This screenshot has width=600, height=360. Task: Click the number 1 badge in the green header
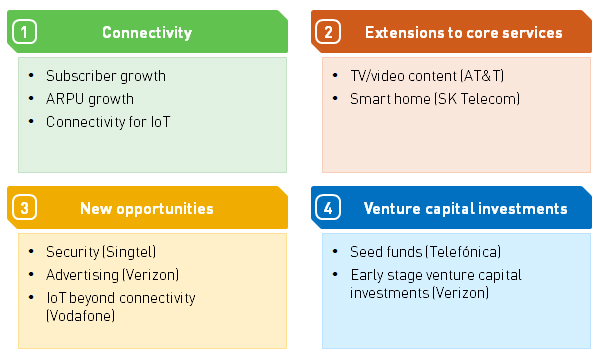pyautogui.click(x=24, y=33)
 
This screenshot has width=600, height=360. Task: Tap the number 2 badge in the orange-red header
pyautogui.click(x=328, y=33)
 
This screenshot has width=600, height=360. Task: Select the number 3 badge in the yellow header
pyautogui.click(x=24, y=209)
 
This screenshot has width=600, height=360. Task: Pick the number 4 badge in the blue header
pyautogui.click(x=328, y=209)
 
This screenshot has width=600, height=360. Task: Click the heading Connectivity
pyautogui.click(x=146, y=33)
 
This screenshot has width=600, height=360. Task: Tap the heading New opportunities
pyautogui.click(x=146, y=209)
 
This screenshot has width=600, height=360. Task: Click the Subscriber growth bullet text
pyautogui.click(x=105, y=76)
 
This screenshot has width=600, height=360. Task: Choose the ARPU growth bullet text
pyautogui.click(x=89, y=99)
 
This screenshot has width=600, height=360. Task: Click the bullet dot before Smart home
pyautogui.click(x=335, y=99)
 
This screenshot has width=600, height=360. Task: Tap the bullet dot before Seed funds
pyautogui.click(x=335, y=252)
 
